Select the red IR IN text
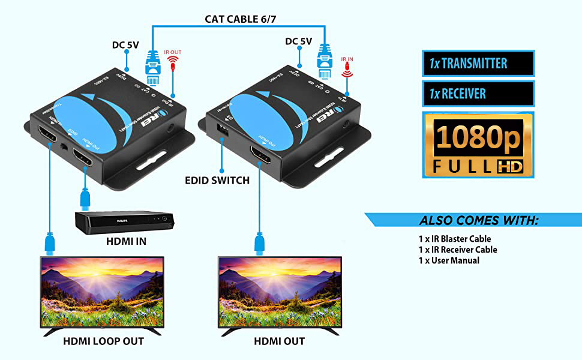[x=347, y=59]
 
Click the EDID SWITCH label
[x=216, y=180]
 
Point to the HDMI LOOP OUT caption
[x=103, y=341]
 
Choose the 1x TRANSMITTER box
[x=478, y=63]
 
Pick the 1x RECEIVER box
[x=478, y=94]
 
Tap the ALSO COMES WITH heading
[x=478, y=220]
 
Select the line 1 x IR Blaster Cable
[x=454, y=239]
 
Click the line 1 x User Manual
[x=449, y=260]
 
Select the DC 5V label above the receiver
[x=298, y=41]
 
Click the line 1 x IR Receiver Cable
[x=458, y=250]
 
